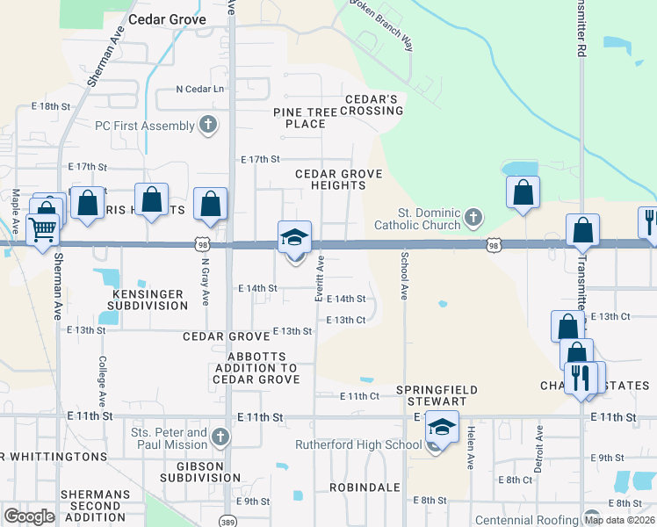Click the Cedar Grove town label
(167, 18)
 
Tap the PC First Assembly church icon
(208, 125)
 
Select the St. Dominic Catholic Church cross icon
(473, 217)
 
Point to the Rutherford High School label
(358, 445)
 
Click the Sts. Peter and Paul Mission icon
(220, 437)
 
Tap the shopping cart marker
(42, 231)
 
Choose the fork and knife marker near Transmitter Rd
(581, 379)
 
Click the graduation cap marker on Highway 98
(295, 237)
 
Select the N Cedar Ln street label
(200, 89)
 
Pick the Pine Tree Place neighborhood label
(305, 118)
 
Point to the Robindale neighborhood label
(365, 487)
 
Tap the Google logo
(29, 516)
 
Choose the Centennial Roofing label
(527, 520)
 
